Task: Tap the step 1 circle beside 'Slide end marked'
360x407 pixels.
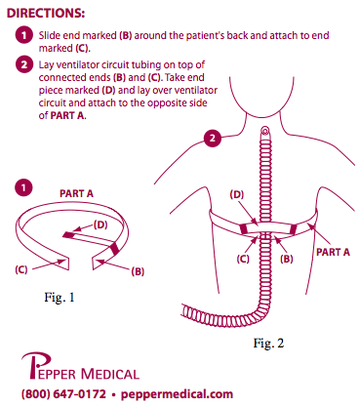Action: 25,35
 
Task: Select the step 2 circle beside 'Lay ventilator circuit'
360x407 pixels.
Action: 25,65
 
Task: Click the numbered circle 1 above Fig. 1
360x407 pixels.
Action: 25,184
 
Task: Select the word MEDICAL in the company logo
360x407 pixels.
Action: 101,372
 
